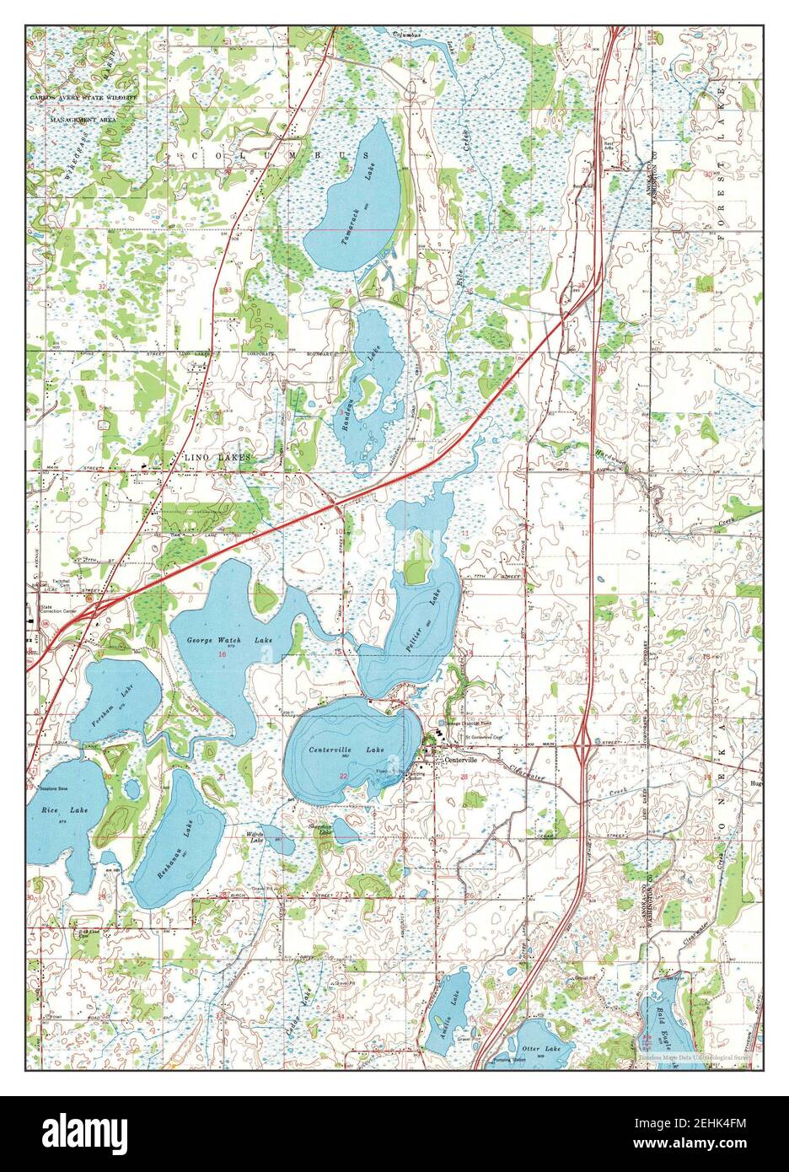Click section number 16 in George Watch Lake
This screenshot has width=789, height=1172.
pos(222,655)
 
